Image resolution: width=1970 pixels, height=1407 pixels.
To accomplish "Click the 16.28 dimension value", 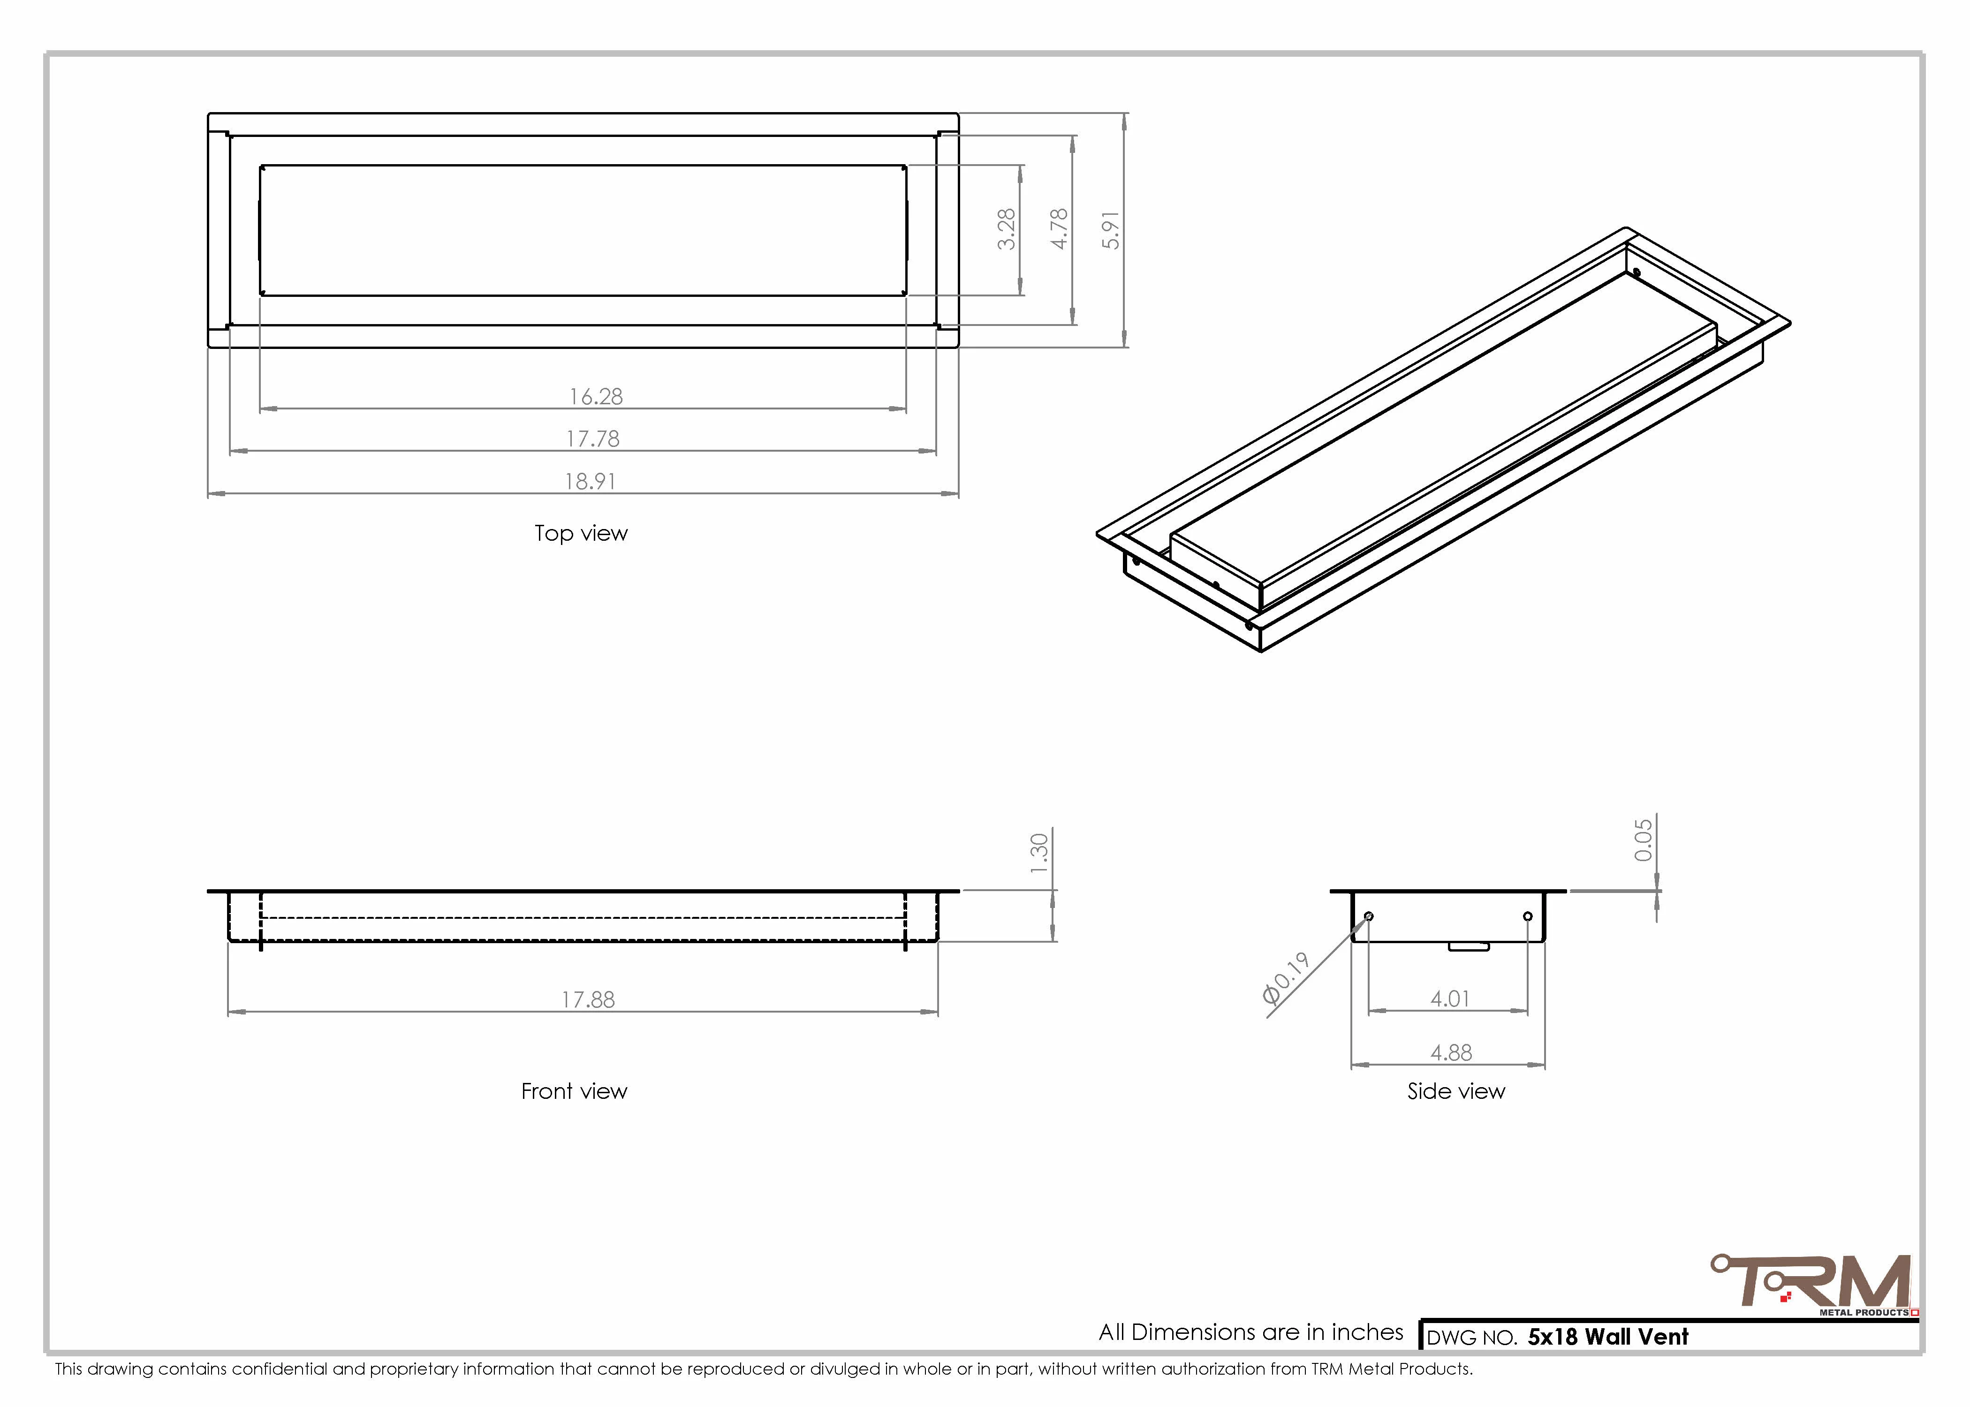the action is click(596, 397).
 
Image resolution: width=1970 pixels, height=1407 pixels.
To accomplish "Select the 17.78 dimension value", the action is click(593, 439).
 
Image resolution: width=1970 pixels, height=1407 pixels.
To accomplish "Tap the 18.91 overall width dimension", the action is click(591, 482).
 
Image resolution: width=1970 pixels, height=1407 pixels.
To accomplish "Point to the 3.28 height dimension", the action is click(1006, 230).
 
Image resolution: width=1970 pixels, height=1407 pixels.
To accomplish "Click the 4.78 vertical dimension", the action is click(1059, 230).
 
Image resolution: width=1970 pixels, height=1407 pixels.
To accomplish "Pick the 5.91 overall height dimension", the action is click(1111, 230).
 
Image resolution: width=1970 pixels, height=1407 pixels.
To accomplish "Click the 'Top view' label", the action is click(581, 534).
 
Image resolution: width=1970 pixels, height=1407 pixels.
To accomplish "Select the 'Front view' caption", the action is click(575, 1092).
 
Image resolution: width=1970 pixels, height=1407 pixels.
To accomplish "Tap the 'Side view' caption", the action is click(1456, 1092).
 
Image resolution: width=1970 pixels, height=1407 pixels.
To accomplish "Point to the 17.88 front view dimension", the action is click(588, 1000).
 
